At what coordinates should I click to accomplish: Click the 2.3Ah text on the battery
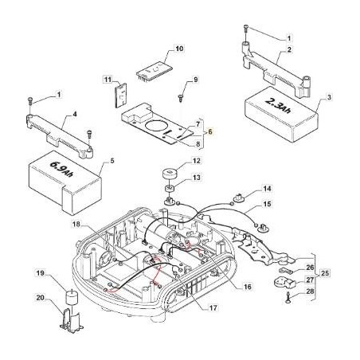(x=278, y=106)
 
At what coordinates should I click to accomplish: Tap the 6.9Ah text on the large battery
(x=61, y=169)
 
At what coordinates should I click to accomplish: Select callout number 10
(x=179, y=49)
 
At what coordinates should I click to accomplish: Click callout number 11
(x=108, y=80)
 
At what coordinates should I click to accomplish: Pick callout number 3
(x=329, y=97)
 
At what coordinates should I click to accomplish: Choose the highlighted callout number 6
(x=209, y=131)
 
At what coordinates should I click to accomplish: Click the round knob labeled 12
(x=170, y=175)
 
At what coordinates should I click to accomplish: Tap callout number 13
(x=197, y=178)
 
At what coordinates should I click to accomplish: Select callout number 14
(x=268, y=189)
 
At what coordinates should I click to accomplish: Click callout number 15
(x=268, y=204)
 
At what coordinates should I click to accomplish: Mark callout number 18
(x=76, y=225)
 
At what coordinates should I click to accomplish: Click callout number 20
(x=41, y=298)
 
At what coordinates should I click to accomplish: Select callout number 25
(x=325, y=273)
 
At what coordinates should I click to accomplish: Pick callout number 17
(x=213, y=307)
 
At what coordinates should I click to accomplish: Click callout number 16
(x=248, y=287)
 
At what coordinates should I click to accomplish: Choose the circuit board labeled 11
(x=121, y=96)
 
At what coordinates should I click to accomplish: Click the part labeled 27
(x=284, y=282)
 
